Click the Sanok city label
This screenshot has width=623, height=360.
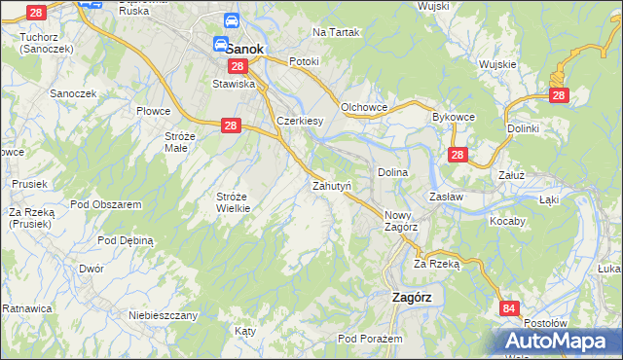(238, 46)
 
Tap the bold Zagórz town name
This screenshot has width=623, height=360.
(418, 298)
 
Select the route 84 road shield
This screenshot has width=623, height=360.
(509, 308)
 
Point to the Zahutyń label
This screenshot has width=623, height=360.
(331, 184)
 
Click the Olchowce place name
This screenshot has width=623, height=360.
(365, 107)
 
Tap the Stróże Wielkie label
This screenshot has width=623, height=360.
(234, 201)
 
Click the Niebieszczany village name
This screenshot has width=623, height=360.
(164, 315)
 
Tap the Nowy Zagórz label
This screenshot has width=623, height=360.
(401, 221)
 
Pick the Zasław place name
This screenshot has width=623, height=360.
(446, 197)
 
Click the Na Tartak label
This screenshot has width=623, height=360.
(336, 32)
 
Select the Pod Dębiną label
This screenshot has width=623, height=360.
(123, 239)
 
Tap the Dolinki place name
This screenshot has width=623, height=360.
(523, 127)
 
